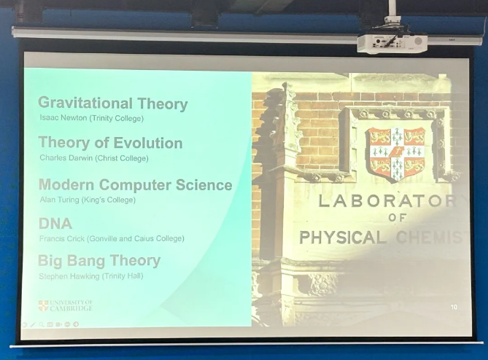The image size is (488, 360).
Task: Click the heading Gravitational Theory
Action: coord(112,103)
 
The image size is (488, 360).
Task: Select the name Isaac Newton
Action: coord(61,118)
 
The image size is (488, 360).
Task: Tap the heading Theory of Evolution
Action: coord(110,143)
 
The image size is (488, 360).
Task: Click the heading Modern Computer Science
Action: coord(135,185)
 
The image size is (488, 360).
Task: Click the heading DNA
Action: coord(55,224)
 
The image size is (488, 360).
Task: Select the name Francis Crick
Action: coord(61,238)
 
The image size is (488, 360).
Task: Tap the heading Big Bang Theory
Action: coord(99,261)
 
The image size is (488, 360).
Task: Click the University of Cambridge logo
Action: coord(65,306)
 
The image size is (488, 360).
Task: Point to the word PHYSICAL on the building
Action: coord(342,238)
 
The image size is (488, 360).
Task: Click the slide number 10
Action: coord(454,308)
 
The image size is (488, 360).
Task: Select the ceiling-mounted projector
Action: coord(392,42)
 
